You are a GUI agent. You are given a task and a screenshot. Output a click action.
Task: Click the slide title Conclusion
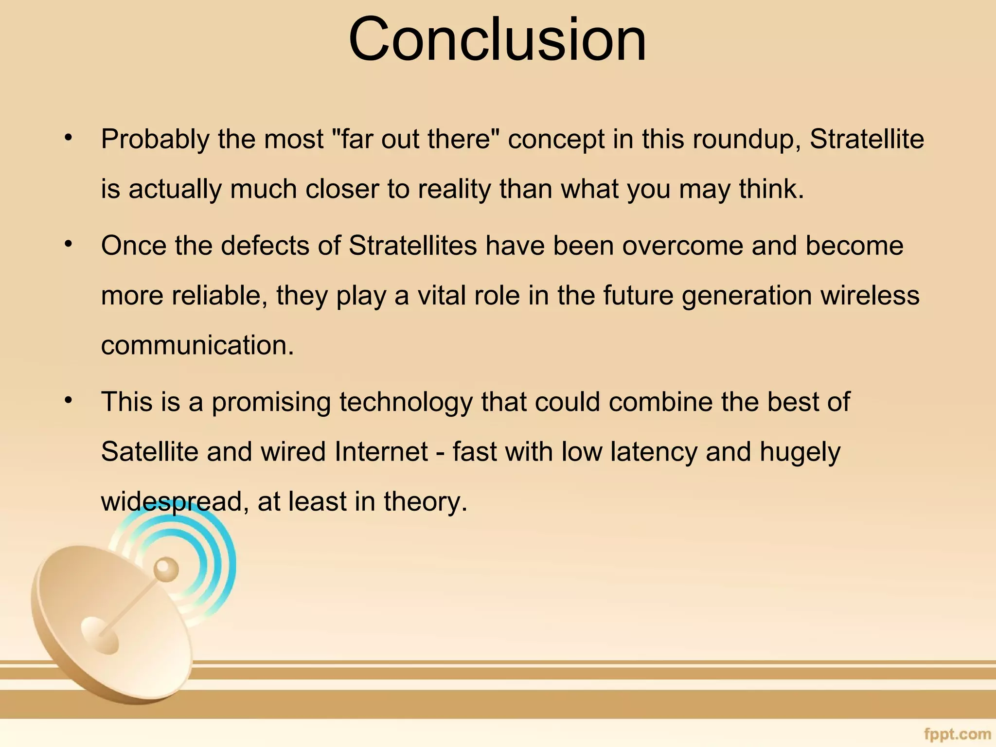click(497, 40)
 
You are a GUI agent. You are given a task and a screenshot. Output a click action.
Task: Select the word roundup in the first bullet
click(746, 140)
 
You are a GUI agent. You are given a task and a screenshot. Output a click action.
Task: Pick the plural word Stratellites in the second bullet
click(412, 245)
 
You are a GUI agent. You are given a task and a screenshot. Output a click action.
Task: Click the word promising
click(271, 402)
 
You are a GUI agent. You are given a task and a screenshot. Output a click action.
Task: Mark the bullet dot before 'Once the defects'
click(69, 244)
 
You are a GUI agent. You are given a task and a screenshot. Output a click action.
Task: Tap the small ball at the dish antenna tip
click(165, 568)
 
